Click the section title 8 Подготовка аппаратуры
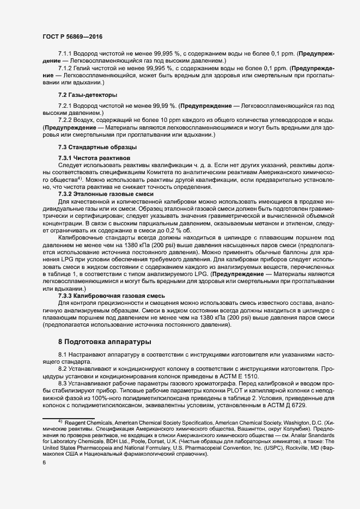point(105,342)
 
